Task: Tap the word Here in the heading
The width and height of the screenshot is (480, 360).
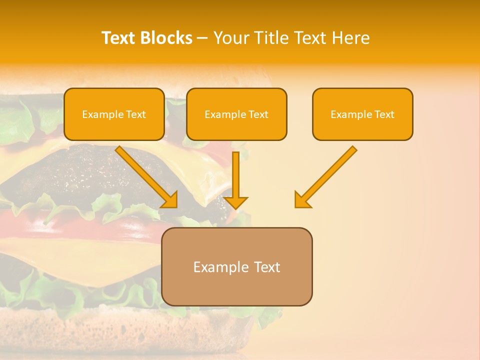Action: (350, 38)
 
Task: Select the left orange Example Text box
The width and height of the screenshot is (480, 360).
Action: (114, 114)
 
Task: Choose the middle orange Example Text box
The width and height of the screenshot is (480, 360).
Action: (236, 114)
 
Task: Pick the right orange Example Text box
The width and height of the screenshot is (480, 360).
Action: (362, 114)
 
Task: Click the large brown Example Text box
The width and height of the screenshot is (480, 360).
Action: (237, 267)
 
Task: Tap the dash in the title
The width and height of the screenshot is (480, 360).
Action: (202, 38)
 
